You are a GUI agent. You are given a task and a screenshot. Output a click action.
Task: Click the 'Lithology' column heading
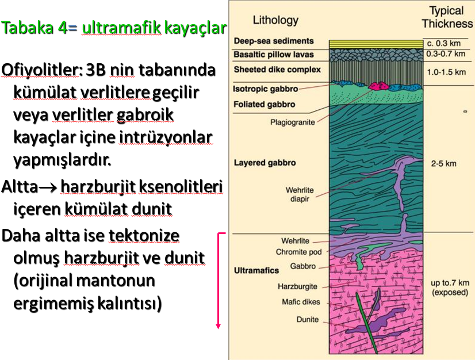point(275,21)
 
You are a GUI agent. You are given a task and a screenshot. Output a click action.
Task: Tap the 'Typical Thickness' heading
point(447,18)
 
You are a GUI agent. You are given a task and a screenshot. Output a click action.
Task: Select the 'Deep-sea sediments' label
point(274,41)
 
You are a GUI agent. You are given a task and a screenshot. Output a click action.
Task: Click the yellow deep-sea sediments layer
point(376,44)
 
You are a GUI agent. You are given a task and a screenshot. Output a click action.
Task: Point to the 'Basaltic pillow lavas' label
point(274,55)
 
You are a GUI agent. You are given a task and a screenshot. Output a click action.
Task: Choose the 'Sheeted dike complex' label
point(277,70)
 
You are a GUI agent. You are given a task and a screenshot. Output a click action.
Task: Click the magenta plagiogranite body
point(379,86)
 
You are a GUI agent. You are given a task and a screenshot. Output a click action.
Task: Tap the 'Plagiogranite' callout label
point(292,122)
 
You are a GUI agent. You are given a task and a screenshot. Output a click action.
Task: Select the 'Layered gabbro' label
point(265,163)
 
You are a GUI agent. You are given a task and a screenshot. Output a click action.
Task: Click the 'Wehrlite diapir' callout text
point(300,194)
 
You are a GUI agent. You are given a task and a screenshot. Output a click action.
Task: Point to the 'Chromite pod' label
point(298,252)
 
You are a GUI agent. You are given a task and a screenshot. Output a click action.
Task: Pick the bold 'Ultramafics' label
point(256,270)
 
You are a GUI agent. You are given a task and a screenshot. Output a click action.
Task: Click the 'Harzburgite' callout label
point(297,286)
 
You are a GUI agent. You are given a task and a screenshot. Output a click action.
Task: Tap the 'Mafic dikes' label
point(301,302)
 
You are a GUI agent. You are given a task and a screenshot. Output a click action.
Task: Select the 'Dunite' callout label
point(308,319)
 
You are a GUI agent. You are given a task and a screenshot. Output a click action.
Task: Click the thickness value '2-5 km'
point(443,164)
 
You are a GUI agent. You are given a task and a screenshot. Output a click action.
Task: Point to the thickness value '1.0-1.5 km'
point(446,72)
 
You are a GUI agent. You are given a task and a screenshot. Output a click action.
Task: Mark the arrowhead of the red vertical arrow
point(218,326)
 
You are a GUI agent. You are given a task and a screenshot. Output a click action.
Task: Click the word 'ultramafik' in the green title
point(121,28)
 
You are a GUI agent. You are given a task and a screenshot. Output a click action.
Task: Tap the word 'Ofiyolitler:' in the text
point(42,70)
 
